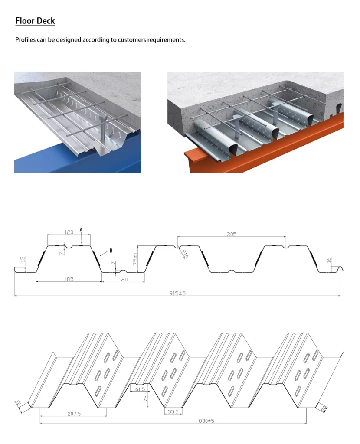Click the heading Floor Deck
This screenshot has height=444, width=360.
(35, 20)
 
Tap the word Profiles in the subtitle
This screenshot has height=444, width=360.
(27, 40)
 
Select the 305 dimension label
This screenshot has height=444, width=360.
(232, 234)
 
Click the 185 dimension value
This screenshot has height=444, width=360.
(69, 279)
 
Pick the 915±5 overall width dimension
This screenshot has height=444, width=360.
(177, 294)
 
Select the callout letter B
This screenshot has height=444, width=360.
(111, 250)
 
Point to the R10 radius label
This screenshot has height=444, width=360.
(184, 254)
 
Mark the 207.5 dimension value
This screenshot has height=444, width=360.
(73, 414)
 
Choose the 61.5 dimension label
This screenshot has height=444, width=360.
(140, 389)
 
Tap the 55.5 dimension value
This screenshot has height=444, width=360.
(173, 411)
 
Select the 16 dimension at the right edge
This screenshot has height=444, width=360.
(329, 260)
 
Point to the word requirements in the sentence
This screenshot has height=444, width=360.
(168, 40)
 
